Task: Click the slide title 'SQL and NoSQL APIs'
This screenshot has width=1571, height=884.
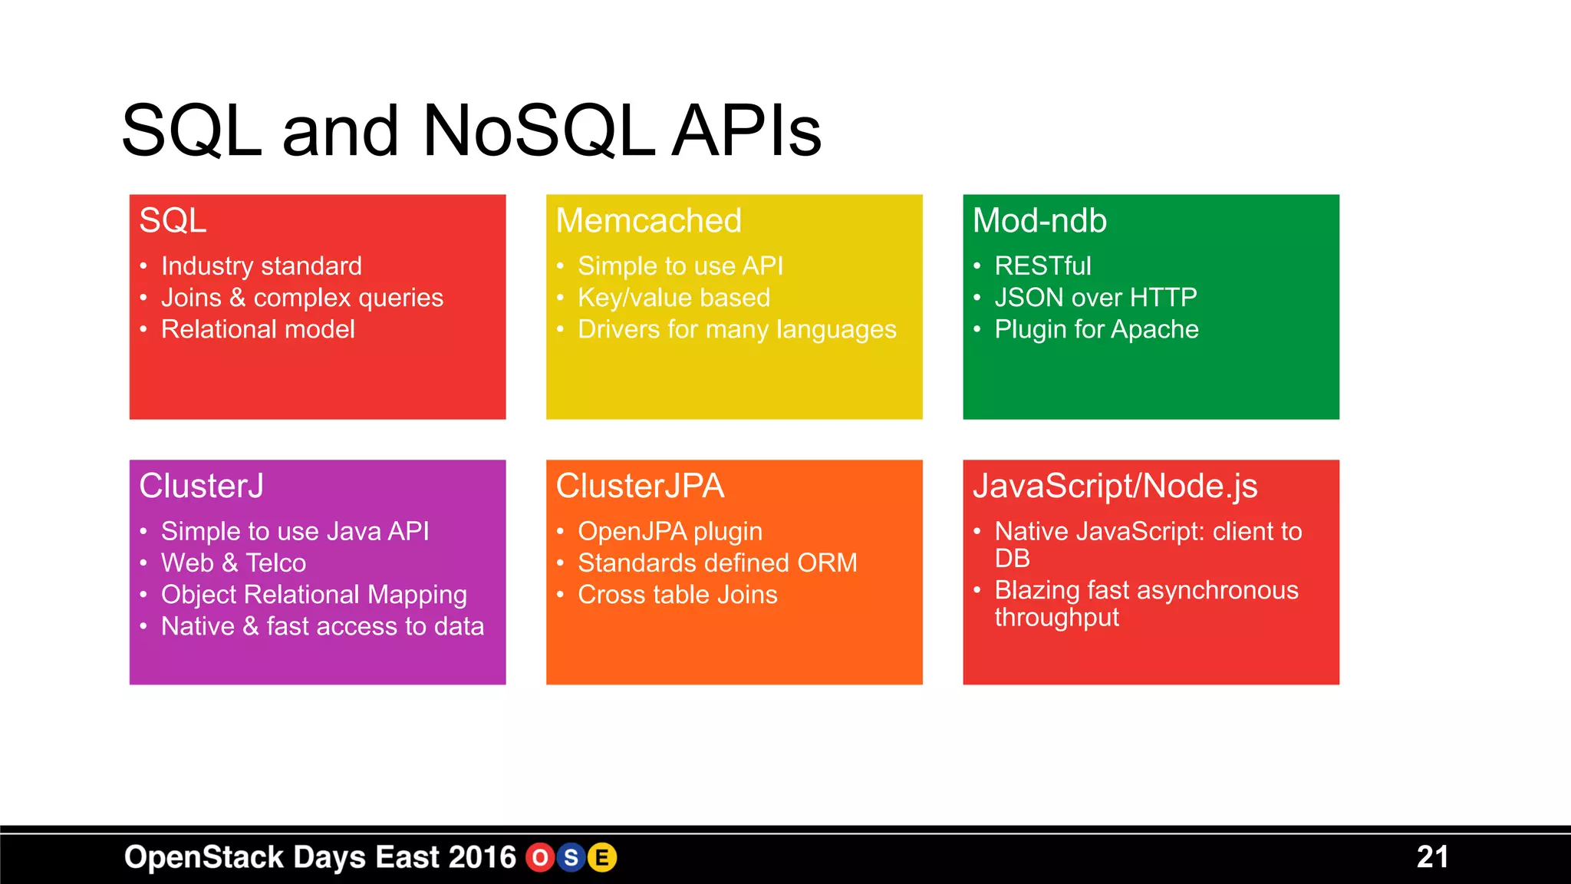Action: click(471, 130)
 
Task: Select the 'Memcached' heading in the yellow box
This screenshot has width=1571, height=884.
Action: click(648, 221)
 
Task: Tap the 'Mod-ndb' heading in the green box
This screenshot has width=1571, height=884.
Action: click(1039, 221)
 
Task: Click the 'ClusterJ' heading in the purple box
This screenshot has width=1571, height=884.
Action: click(201, 487)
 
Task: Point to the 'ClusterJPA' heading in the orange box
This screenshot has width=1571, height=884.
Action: click(640, 487)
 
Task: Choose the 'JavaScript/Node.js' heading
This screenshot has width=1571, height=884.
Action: click(1115, 487)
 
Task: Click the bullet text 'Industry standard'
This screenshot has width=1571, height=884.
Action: click(261, 266)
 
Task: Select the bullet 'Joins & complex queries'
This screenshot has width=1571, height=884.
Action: click(301, 298)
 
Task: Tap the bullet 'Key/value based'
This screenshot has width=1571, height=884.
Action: click(674, 298)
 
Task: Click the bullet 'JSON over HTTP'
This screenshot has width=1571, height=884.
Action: click(1095, 298)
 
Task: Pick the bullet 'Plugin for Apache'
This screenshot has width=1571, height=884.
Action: click(1096, 330)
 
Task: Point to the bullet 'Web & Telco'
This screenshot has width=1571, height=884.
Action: click(233, 563)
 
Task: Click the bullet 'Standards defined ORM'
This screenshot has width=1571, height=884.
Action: click(717, 563)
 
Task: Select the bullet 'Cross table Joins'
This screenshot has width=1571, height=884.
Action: click(677, 595)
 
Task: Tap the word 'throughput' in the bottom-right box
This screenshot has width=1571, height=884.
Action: click(1056, 618)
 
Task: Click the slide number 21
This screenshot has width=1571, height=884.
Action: click(1432, 857)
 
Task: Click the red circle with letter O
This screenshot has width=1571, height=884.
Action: click(540, 858)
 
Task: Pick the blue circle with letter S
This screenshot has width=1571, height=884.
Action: click(571, 858)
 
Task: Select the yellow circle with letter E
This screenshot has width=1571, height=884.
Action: click(602, 858)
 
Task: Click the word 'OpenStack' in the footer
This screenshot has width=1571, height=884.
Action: click(204, 857)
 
